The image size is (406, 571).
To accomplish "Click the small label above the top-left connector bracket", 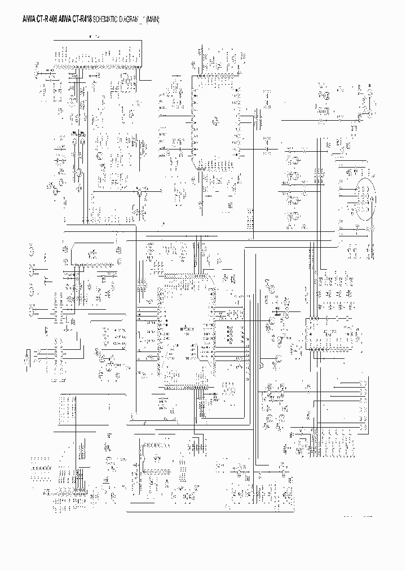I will [96, 37].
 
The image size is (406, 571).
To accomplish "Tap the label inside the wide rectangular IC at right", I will [327, 332].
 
